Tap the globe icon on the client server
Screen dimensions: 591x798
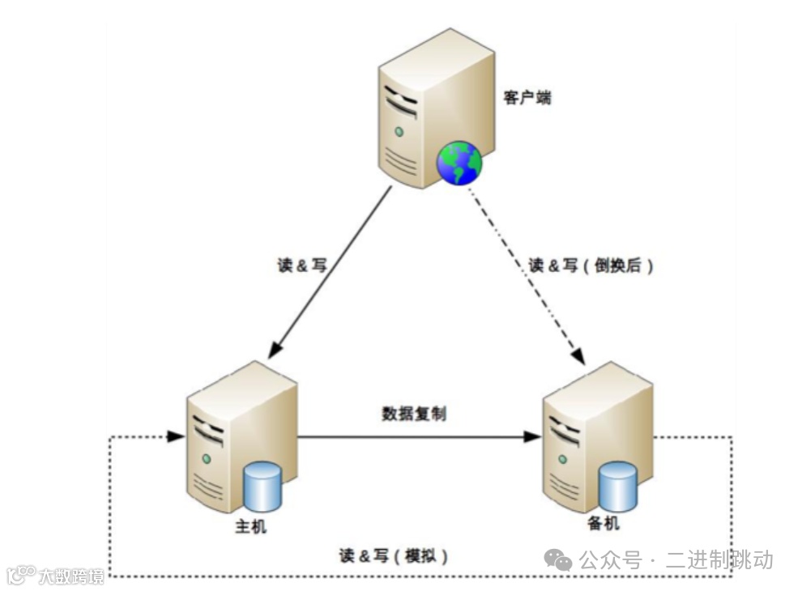pyautogui.click(x=459, y=162)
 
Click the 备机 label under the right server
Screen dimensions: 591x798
pyautogui.click(x=602, y=524)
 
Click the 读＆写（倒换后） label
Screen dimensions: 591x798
pyautogui.click(x=591, y=266)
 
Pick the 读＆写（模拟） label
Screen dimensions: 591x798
pyautogui.click(x=394, y=555)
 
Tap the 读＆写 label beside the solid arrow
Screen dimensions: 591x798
pyautogui.click(x=301, y=266)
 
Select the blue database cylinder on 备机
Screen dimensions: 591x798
pyautogui.click(x=618, y=487)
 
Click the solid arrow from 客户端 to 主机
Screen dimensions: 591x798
pyautogui.click(x=332, y=271)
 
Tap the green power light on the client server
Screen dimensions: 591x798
pyautogui.click(x=399, y=131)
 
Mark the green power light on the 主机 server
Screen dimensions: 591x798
pyautogui.click(x=207, y=459)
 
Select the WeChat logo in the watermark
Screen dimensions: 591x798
pyautogui.click(x=557, y=559)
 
